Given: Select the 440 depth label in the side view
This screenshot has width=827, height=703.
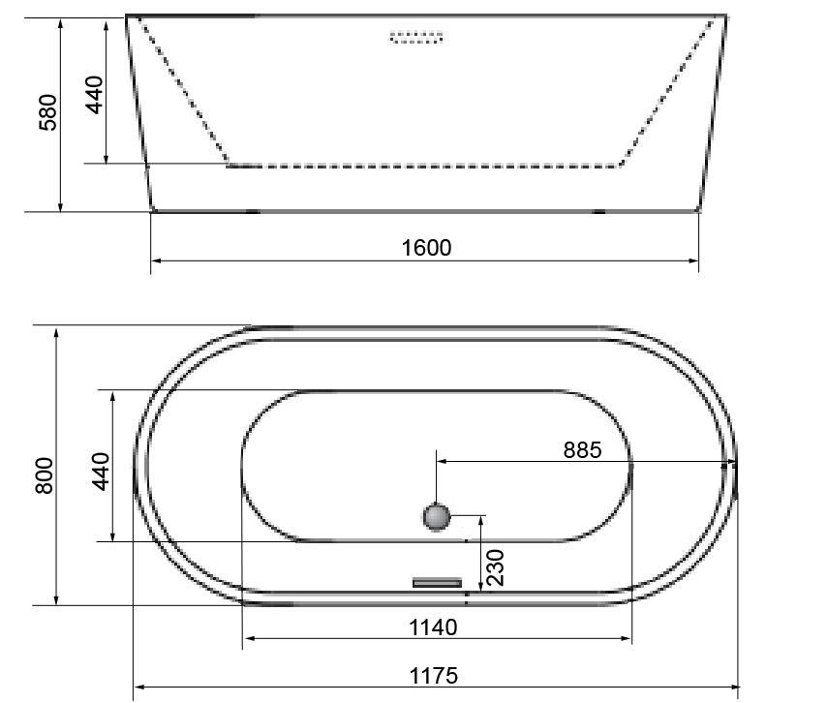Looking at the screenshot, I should [x=95, y=95].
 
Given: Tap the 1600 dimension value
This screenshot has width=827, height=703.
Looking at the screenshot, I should [x=426, y=247].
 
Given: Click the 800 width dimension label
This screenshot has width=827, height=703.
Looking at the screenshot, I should [x=45, y=474].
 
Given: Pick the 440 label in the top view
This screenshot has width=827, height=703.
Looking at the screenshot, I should [x=101, y=472].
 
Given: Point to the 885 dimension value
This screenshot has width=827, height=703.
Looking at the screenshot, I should [x=582, y=449].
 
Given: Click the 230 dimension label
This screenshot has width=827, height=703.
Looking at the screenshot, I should [x=495, y=567].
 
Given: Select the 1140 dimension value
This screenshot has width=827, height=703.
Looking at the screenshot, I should [x=432, y=627].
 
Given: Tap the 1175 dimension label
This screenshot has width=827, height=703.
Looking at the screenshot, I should [x=433, y=675].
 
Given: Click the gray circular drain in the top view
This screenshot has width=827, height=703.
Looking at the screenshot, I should [x=437, y=516].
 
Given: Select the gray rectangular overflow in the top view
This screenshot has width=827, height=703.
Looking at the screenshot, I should [x=438, y=582].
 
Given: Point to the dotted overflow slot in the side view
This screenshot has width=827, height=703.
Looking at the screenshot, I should [x=416, y=38].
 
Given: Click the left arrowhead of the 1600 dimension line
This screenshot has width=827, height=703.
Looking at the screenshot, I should [x=156, y=260].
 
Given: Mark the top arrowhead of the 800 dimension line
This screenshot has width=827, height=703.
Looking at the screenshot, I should [x=57, y=332].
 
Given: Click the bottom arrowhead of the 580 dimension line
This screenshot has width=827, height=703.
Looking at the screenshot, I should [x=61, y=206].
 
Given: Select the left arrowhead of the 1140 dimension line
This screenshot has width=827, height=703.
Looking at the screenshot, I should [x=247, y=638].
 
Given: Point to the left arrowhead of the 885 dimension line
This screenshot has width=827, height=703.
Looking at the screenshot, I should [x=441, y=463].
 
